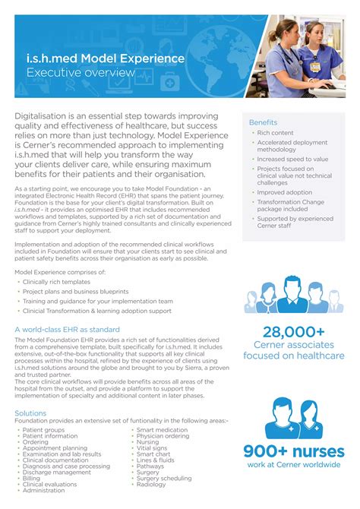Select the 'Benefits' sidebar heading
pos(263,122)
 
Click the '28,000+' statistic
pos(293,331)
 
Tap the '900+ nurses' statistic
pos(294,452)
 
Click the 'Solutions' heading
pos(30,413)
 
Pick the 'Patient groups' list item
pos(44,430)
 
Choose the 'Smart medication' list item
pos(162,430)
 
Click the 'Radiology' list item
pos(152,484)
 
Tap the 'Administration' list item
pos(44,490)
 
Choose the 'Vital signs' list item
pos(153,448)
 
